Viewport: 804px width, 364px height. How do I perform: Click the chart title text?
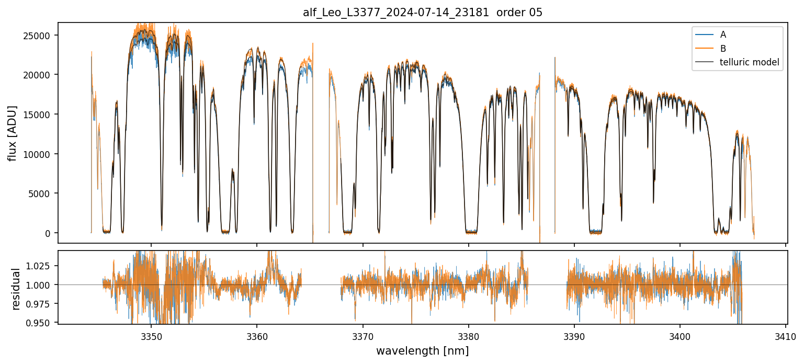423,13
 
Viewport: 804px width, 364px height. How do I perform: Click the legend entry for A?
723,35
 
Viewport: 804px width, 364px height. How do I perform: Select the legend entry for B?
723,49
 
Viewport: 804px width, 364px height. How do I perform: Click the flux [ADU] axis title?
12,133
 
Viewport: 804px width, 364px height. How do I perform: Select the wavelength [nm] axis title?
422,351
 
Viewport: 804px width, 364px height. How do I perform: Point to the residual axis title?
16,288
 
